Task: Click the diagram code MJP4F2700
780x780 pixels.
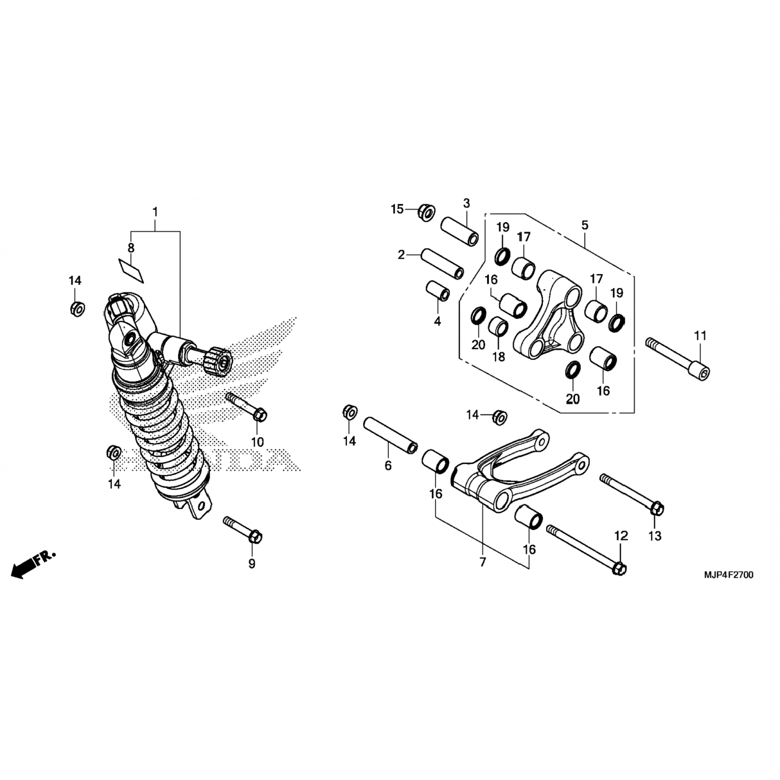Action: (x=729, y=575)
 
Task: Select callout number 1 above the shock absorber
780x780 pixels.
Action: (x=155, y=212)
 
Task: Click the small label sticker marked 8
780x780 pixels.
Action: (x=130, y=270)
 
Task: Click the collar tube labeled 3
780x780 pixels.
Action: (x=460, y=231)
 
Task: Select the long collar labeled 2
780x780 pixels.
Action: (x=442, y=264)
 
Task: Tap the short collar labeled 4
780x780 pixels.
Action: (x=438, y=291)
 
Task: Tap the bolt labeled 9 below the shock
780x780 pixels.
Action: (x=243, y=528)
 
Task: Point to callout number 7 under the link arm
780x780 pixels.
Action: (x=483, y=562)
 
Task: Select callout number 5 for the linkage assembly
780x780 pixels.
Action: (x=585, y=225)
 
